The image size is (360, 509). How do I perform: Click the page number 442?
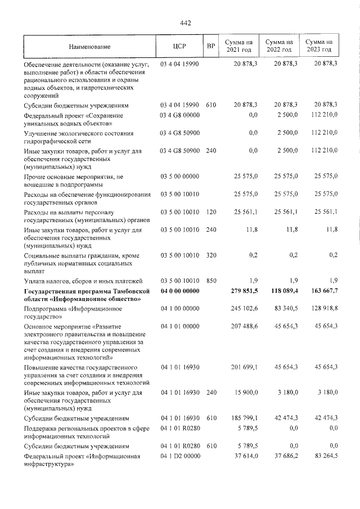[186, 23]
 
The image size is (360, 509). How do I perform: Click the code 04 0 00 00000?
[180, 291]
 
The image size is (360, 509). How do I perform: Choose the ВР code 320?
[211, 255]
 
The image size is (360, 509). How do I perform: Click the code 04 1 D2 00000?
[180, 456]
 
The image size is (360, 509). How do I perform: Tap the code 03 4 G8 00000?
[180, 115]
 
